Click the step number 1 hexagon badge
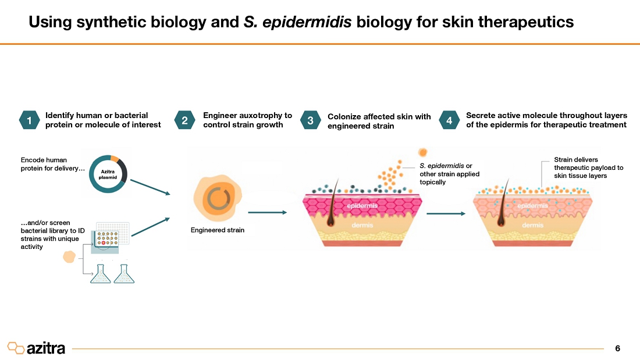[x=29, y=120]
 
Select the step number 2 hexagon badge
[x=184, y=120]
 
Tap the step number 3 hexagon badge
[x=310, y=120]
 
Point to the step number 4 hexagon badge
[x=449, y=120]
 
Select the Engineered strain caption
[x=218, y=230]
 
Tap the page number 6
[x=617, y=348]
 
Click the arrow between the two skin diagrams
[x=446, y=213]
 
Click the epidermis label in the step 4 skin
[x=532, y=206]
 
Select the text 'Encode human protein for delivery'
[x=52, y=164]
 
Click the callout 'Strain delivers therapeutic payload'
[x=588, y=167]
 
